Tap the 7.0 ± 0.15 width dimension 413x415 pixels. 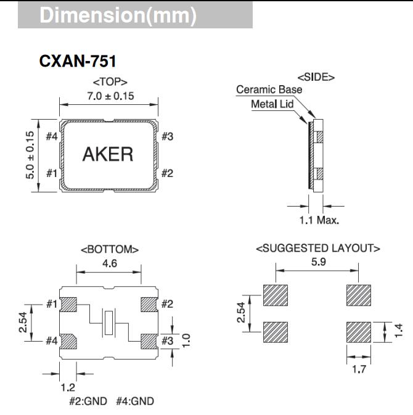[x=109, y=96]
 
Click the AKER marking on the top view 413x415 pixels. [x=108, y=154]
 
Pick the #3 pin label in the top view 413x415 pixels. [x=166, y=136]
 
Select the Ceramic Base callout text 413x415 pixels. [x=269, y=90]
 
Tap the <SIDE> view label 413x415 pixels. [x=316, y=78]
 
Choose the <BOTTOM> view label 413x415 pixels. [x=109, y=249]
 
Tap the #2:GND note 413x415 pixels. [x=86, y=401]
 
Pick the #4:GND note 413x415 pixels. [x=135, y=401]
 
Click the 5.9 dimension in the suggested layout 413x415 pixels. [x=317, y=262]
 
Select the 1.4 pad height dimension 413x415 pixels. [x=399, y=332]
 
